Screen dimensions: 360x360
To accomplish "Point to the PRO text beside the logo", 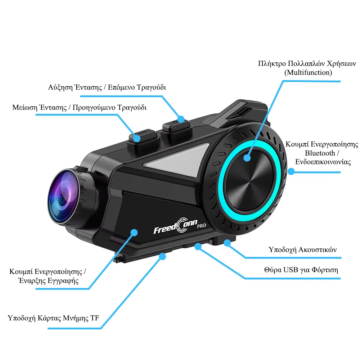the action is (202, 226).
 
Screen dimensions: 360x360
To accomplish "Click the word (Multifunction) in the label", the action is (308, 73).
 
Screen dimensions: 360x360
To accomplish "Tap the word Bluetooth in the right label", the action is (320, 153).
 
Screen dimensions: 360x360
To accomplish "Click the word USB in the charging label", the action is (291, 270).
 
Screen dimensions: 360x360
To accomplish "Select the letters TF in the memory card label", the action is (95, 318).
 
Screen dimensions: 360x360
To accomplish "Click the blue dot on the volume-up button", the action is (181, 119).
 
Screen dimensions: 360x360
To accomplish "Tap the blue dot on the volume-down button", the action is (137, 139).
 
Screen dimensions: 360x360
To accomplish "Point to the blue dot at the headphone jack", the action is (227, 243).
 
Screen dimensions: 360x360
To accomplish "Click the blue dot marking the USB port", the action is (198, 247).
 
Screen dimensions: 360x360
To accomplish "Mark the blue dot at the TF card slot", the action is (162, 256).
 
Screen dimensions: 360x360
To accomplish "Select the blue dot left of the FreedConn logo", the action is (134, 232).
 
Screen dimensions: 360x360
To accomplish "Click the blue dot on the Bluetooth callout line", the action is (291, 171).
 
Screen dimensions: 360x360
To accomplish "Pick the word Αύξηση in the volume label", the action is (60, 87).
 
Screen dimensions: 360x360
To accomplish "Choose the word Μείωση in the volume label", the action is (24, 107).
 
